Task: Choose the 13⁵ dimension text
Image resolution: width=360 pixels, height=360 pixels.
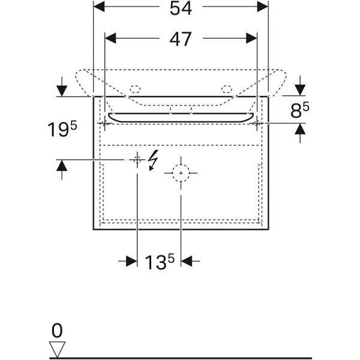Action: [160, 262]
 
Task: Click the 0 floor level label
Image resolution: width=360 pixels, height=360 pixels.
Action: [57, 330]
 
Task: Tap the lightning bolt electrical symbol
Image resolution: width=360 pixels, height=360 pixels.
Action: [153, 160]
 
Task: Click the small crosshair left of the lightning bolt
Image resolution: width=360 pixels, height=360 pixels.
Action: [137, 159]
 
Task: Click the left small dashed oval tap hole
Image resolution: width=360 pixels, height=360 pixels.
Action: [135, 89]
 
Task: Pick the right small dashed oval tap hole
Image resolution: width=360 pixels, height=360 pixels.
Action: [226, 89]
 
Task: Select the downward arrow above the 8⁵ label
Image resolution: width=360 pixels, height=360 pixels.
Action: [300, 90]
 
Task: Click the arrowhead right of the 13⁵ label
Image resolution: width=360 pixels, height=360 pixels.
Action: [187, 260]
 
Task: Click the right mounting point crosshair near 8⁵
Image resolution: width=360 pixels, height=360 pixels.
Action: [257, 122]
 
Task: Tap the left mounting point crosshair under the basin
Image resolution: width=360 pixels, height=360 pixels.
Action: [105, 122]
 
